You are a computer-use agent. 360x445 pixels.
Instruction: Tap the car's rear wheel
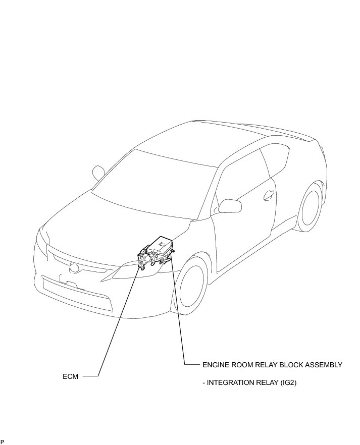point(309,207)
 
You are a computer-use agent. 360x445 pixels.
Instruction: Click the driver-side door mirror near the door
point(230,206)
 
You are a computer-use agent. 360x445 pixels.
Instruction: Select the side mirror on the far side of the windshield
point(98,173)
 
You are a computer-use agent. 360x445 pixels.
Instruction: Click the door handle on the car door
point(270,194)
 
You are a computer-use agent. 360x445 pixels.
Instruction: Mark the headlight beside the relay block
point(124,273)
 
